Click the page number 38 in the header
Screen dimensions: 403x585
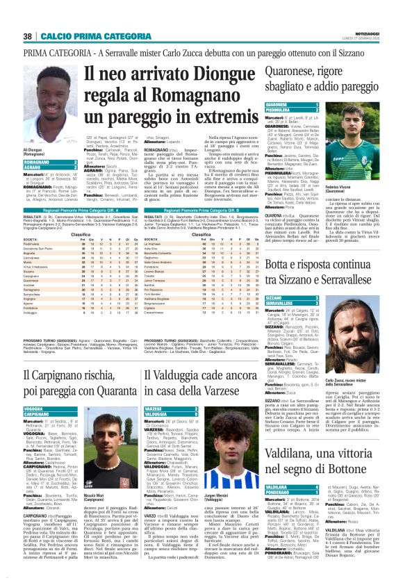[x=28, y=36]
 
